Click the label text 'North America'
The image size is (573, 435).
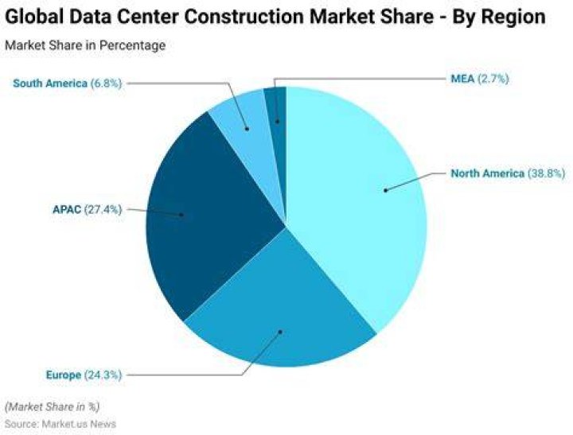click(x=488, y=173)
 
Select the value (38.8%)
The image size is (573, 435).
click(x=546, y=173)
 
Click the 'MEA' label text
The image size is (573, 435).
click(x=462, y=79)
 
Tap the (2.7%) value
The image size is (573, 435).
click(x=493, y=79)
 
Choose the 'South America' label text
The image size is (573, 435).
click(x=50, y=84)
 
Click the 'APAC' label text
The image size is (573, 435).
click(x=67, y=210)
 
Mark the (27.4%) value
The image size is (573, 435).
click(x=103, y=210)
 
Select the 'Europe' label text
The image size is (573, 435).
click(x=64, y=375)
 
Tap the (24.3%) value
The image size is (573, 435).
click(x=103, y=375)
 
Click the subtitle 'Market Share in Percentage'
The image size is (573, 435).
click(x=85, y=45)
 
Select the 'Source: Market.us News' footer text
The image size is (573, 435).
click(x=60, y=424)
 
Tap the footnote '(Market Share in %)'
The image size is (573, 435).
click(x=53, y=407)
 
